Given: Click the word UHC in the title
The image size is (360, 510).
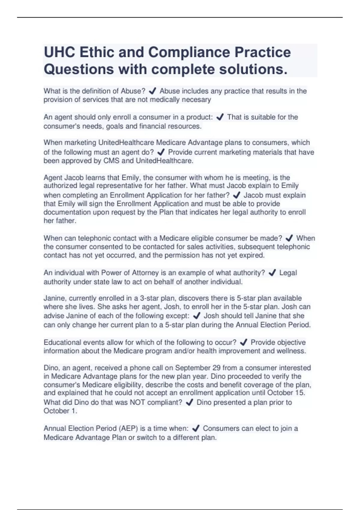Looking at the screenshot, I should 59,52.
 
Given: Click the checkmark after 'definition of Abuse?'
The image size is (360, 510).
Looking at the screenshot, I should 152,91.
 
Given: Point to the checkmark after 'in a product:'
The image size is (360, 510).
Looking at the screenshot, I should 220,117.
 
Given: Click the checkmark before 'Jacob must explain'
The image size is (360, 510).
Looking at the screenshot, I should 236,195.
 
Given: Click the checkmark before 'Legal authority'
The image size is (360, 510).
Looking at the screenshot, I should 272,273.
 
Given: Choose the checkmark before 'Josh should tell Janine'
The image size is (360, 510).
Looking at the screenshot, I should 196,316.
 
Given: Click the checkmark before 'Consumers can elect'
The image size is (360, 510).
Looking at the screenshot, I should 196,429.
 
